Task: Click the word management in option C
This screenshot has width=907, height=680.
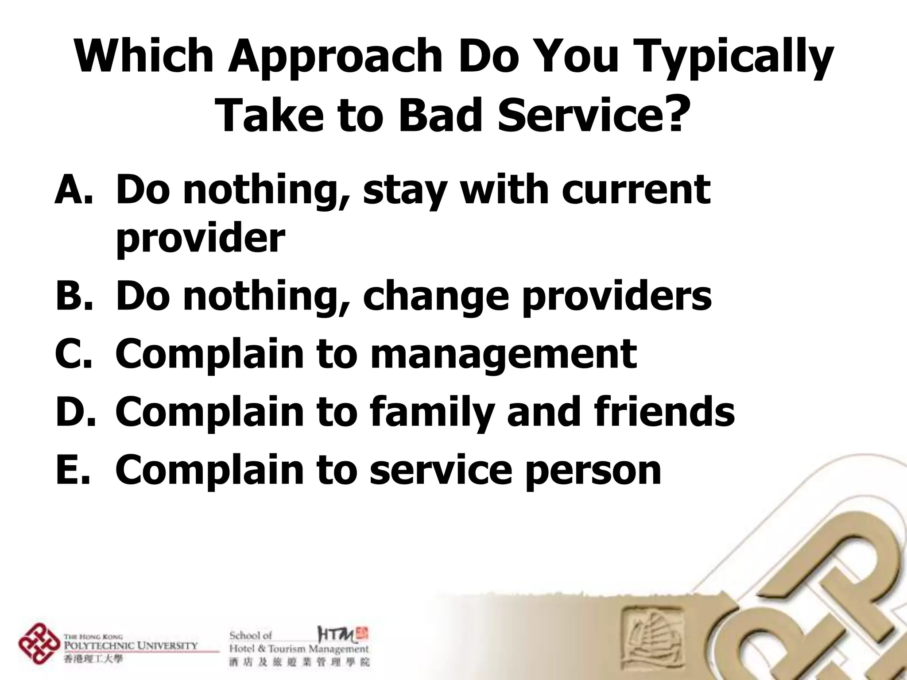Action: [503, 354]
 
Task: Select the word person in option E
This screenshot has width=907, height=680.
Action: [593, 471]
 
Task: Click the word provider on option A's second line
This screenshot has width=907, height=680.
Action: [200, 239]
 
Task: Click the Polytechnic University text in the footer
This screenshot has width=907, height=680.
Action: [131, 645]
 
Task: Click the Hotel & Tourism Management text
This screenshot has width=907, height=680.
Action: [298, 649]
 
